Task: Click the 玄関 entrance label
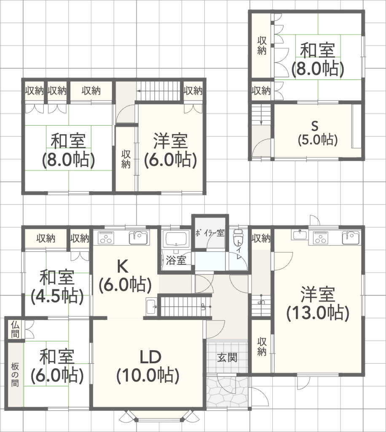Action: coord(227,358)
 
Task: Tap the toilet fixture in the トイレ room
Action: coord(238,238)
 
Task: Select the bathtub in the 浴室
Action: coord(176,239)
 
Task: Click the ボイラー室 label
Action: coord(209,233)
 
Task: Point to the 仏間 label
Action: coord(15,329)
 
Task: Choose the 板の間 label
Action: coord(15,375)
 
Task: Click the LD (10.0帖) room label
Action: coord(149,366)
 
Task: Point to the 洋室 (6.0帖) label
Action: coord(171,150)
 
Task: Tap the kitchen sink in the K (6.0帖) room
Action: coord(139,238)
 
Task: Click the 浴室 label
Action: coord(176,260)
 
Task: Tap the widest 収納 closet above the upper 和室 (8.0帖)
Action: coord(91,91)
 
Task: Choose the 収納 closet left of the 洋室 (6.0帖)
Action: coord(126,159)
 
